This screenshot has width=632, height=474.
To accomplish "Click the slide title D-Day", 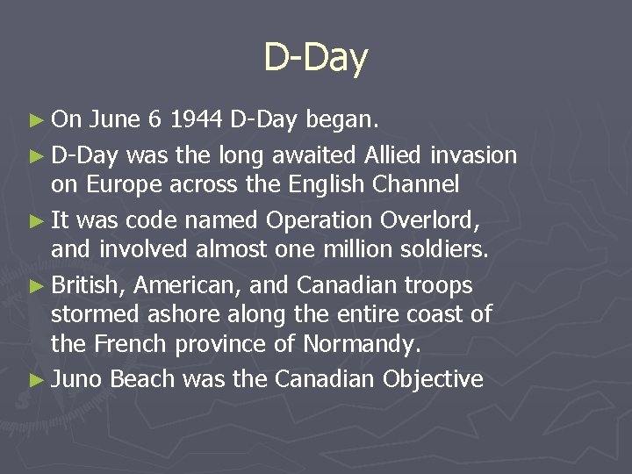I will tap(316, 59).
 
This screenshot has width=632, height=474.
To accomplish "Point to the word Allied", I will tap(391, 156).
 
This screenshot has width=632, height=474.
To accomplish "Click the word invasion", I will tap(474, 156).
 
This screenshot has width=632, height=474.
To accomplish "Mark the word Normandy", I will tap(363, 344).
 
